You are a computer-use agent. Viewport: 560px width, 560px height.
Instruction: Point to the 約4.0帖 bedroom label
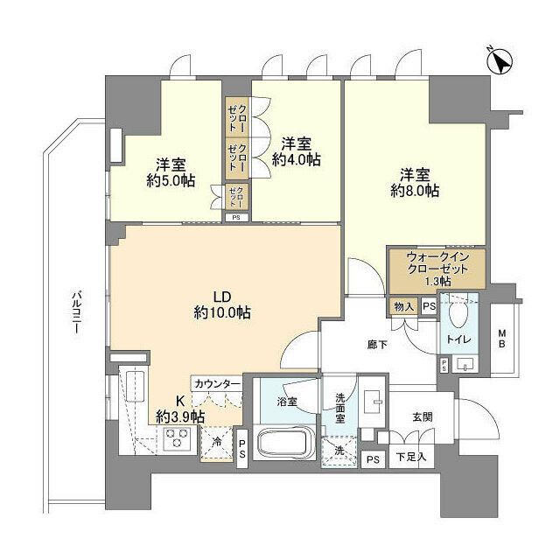(x=295, y=160)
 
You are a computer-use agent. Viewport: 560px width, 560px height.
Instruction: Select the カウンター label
(x=218, y=384)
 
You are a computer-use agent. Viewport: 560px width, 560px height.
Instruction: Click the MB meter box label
(x=503, y=338)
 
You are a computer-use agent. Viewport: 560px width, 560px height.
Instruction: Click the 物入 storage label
(x=403, y=306)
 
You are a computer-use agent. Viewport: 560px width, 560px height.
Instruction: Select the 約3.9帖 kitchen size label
(x=182, y=416)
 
